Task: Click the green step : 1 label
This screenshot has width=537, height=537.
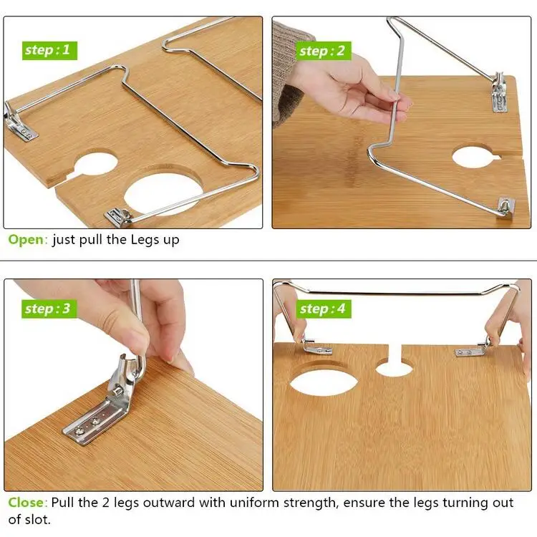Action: tap(47, 50)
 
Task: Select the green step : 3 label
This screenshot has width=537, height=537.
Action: tap(47, 309)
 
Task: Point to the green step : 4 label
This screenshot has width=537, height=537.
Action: tap(321, 309)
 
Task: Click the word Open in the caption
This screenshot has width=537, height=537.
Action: tap(26, 240)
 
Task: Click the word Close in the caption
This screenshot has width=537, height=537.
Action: tap(26, 503)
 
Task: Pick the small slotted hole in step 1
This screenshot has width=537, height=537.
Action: tap(95, 163)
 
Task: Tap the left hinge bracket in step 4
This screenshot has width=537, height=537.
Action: tap(314, 348)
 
